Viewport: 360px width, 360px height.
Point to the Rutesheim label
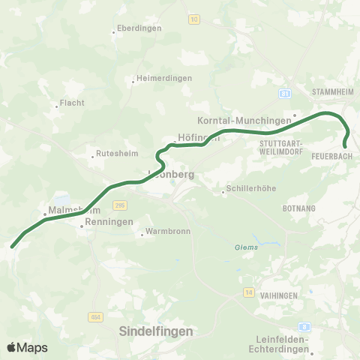pos(114,156)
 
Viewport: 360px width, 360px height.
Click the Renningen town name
pos(109,223)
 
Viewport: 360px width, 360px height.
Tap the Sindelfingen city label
pos(156,331)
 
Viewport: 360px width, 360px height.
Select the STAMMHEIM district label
pos(331,91)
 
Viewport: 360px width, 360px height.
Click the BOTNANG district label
pos(300,207)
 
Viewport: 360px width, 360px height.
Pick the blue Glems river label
pos(246,247)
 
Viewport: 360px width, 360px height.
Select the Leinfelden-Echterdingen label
pos(277,344)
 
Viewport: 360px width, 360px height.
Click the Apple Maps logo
pos(27,347)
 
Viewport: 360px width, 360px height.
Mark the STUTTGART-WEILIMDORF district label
pos(283,146)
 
